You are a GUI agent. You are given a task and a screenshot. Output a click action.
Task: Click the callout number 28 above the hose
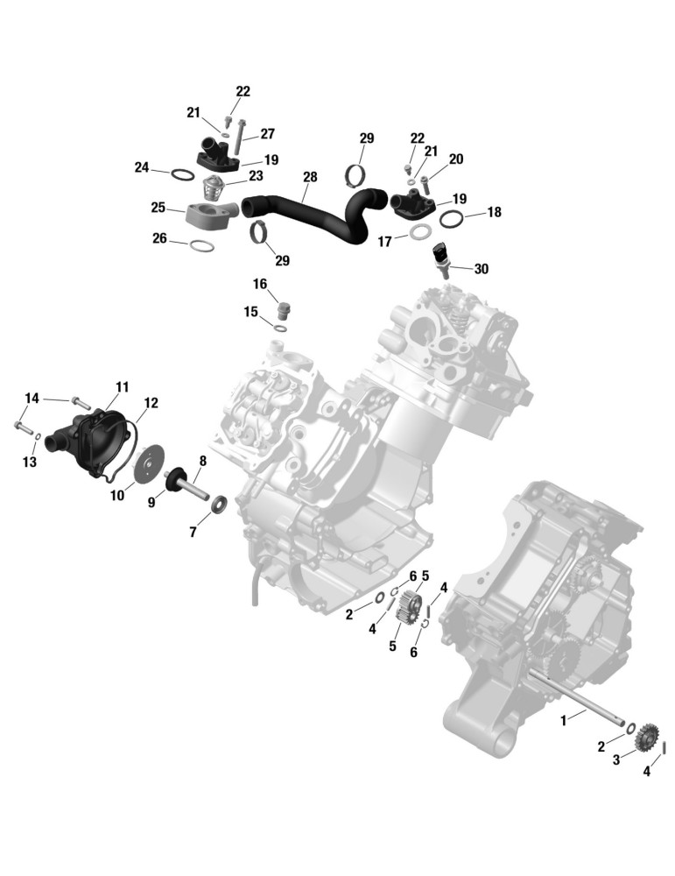coord(310,177)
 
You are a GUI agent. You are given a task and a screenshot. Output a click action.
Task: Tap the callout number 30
coord(481,269)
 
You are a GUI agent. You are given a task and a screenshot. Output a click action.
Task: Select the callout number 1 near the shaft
coord(563,721)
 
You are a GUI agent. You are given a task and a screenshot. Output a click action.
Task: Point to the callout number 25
coord(158,208)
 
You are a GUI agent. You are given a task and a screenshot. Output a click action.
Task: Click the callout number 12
coord(151,403)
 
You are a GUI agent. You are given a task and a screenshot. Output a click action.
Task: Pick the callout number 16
coord(260,284)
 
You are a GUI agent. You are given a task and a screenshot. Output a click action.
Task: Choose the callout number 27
coord(267,133)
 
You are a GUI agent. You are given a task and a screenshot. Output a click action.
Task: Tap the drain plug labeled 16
coord(285,312)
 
